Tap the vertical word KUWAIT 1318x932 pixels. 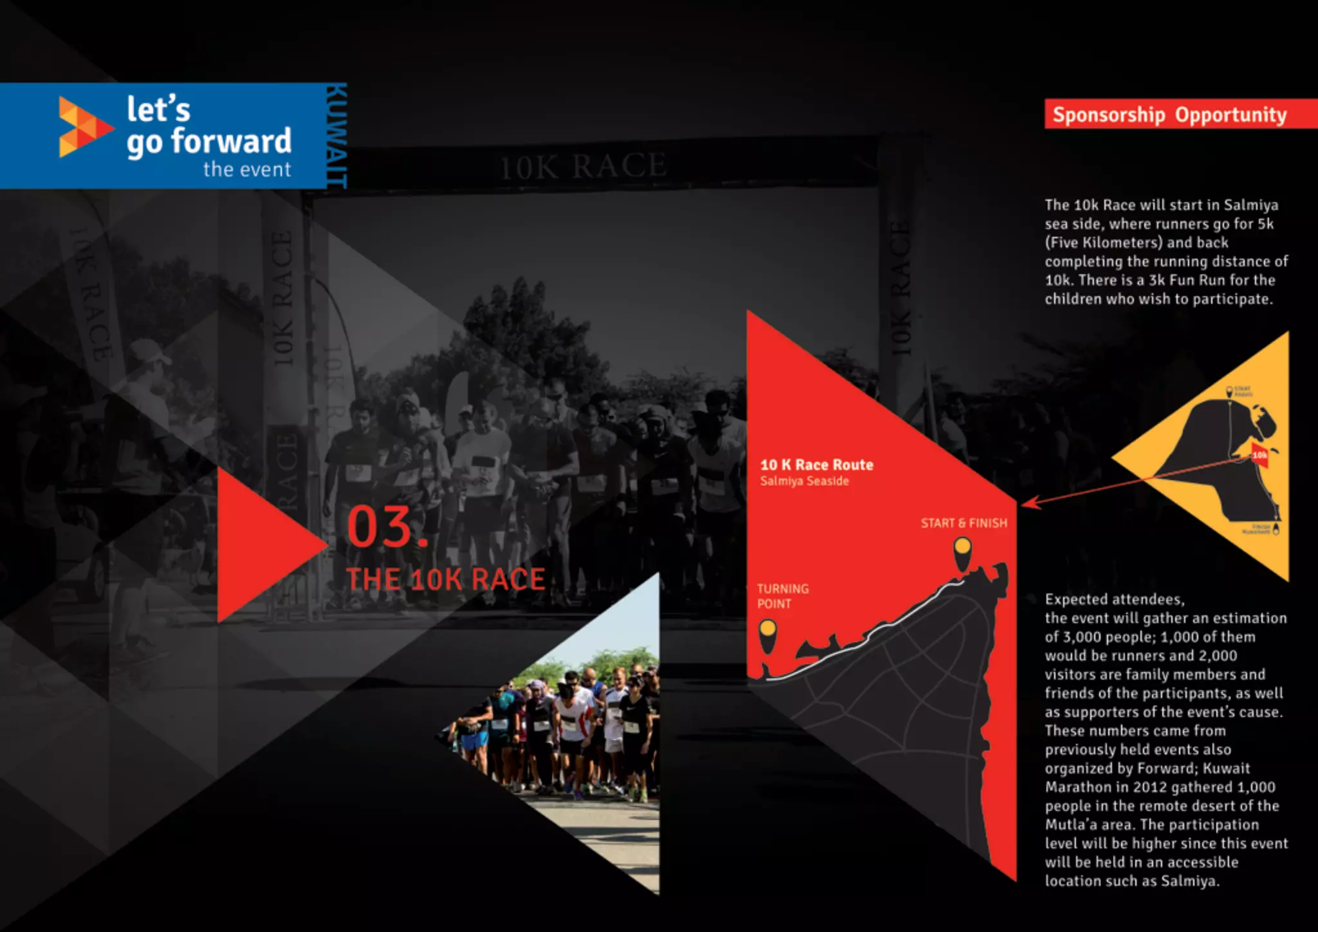(336, 136)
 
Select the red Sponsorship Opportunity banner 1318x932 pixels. (1169, 115)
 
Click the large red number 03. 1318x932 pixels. (386, 527)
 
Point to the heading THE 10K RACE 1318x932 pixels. (445, 579)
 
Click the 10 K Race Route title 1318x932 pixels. (816, 465)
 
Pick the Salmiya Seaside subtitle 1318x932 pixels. (804, 481)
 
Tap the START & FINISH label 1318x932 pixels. (963, 523)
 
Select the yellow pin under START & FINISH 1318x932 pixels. (962, 551)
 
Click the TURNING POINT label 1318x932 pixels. (782, 596)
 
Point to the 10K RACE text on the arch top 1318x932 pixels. (583, 166)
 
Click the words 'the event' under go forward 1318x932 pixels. (247, 170)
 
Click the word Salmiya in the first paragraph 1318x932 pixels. (1250, 205)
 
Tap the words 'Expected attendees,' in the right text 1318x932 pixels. (1114, 599)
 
